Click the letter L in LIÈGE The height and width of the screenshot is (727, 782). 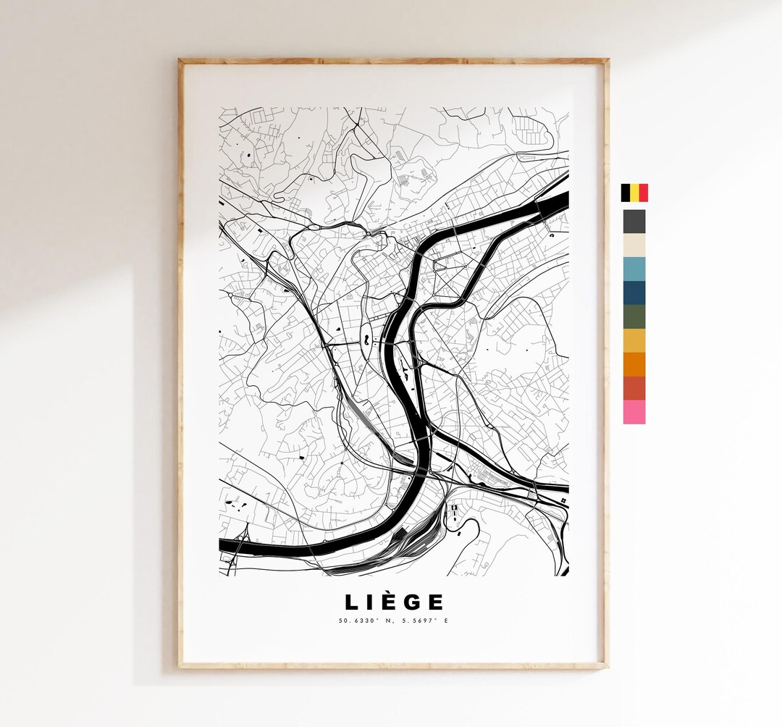coord(350,602)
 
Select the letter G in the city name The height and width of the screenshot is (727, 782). coord(410,602)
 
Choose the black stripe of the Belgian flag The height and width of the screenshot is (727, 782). coord(625,193)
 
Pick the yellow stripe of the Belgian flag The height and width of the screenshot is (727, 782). coord(634,193)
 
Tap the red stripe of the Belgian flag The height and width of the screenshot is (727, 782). coord(643,193)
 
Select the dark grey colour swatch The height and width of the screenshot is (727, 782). coord(634,222)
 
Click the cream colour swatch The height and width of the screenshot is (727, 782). coord(634,245)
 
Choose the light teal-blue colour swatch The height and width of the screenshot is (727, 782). coord(634,269)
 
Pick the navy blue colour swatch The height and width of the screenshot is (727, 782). coord(634,293)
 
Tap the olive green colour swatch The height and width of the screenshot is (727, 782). coord(634,316)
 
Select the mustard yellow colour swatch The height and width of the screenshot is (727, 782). coord(634,340)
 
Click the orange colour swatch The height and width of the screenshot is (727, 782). coord(634,364)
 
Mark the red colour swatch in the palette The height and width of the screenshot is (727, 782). coord(634,388)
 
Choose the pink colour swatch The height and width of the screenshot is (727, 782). coord(634,412)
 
